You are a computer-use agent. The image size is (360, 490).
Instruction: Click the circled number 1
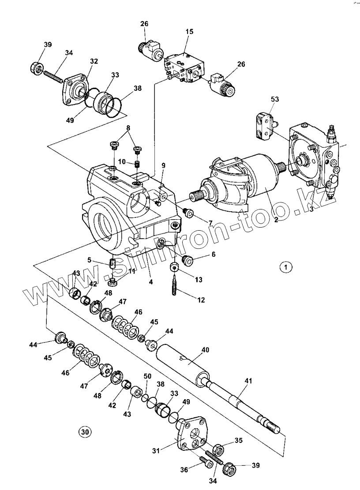pyautogui.click(x=286, y=267)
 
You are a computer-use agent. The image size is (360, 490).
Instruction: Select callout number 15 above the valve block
pyautogui.click(x=189, y=32)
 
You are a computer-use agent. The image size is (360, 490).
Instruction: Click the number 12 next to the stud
pyautogui.click(x=201, y=300)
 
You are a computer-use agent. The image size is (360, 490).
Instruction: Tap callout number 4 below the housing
pyautogui.click(x=150, y=281)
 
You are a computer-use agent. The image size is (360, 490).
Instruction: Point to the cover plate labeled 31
pyautogui.click(x=190, y=436)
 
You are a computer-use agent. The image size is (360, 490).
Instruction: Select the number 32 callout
pyautogui.click(x=94, y=61)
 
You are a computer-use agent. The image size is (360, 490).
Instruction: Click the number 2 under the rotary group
pyautogui.click(x=276, y=220)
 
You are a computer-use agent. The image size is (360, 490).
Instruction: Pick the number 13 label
pyautogui.click(x=198, y=279)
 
